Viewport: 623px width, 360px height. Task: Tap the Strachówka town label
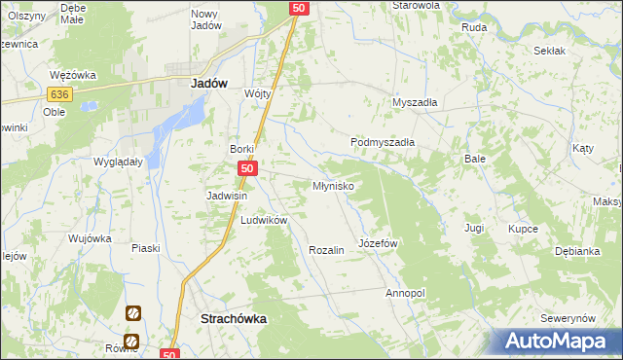click(x=234, y=318)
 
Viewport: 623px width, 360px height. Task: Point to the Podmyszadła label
click(x=383, y=142)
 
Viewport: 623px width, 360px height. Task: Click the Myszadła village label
click(x=415, y=102)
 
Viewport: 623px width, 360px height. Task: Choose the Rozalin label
click(x=326, y=250)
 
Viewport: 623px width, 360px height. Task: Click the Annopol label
click(x=405, y=293)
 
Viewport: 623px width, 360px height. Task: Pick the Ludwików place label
click(x=264, y=221)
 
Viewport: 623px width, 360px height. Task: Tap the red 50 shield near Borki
click(x=247, y=169)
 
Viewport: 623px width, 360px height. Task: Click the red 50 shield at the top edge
click(x=299, y=8)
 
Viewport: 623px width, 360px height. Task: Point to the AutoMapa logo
click(x=557, y=341)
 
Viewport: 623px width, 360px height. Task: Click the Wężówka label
click(x=69, y=75)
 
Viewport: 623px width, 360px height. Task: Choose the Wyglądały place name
click(x=118, y=162)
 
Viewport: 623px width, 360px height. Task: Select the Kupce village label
click(x=524, y=229)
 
